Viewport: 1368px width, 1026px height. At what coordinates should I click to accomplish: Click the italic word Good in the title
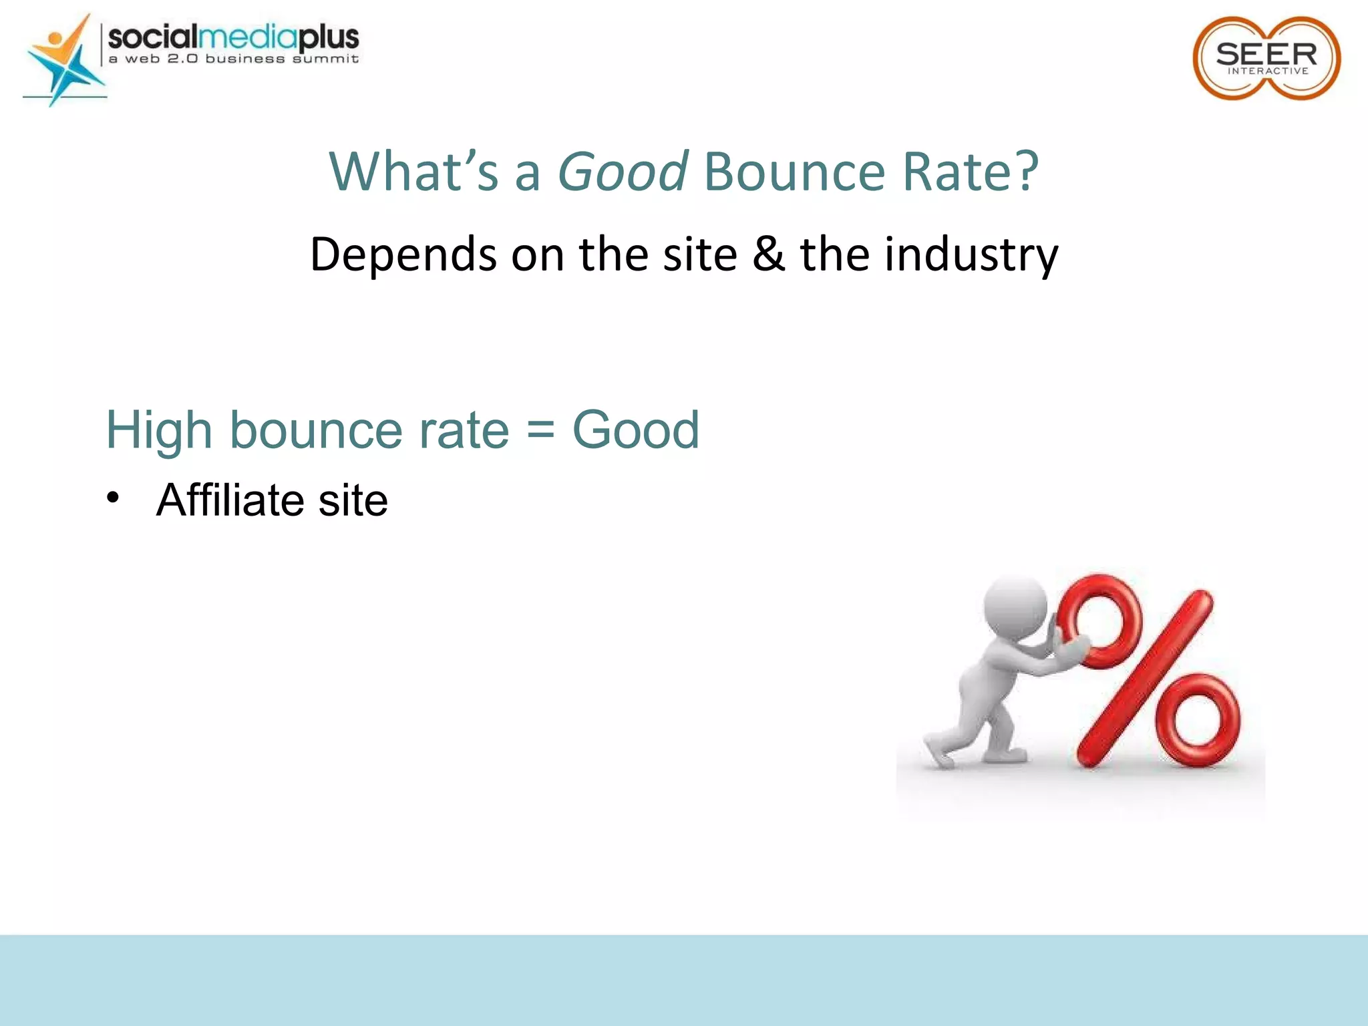[x=622, y=172]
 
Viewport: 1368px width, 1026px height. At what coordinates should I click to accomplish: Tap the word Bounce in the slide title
[x=794, y=172]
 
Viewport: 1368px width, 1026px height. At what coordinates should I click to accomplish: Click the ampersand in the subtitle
[x=768, y=254]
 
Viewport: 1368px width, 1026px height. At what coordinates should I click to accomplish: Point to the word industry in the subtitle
[x=971, y=256]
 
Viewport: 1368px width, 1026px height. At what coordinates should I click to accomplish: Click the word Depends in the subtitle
[x=403, y=256]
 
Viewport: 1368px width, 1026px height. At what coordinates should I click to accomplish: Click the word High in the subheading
[x=159, y=431]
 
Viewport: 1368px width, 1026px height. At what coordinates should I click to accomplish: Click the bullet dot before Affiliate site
[x=113, y=498]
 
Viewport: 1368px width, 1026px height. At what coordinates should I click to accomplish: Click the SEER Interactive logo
[x=1266, y=59]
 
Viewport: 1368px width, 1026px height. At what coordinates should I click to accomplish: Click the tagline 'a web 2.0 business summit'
[x=234, y=59]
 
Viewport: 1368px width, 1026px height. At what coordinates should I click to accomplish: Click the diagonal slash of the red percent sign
[x=1146, y=678]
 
